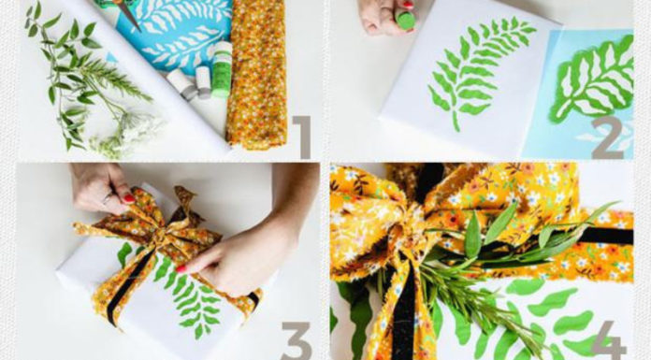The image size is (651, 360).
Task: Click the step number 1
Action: pos(302,137)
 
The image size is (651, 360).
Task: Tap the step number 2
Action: pos(607,137)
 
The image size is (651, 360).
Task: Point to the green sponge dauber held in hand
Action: pos(405,20)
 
